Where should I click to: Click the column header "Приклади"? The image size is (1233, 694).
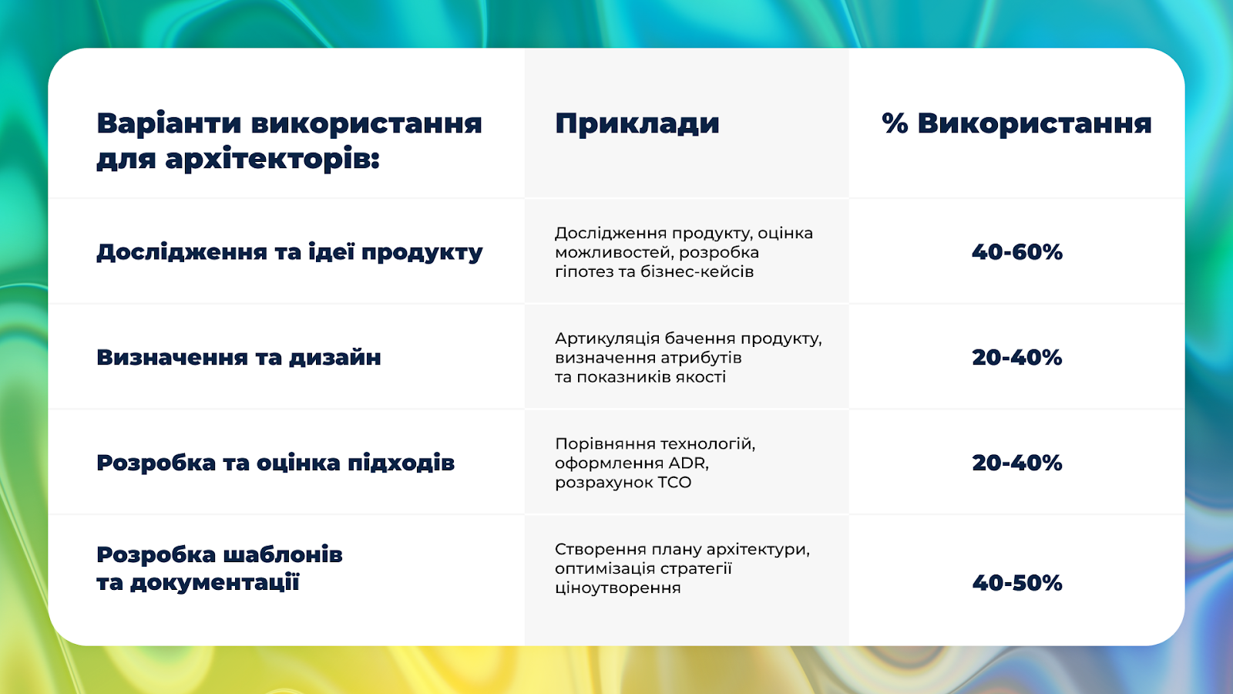pos(637,124)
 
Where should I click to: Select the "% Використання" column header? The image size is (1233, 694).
pos(1016,123)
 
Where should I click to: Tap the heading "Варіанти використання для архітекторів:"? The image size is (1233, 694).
pos(290,142)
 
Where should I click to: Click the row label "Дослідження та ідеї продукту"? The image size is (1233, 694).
pos(290,252)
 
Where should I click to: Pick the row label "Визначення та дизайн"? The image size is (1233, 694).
pos(239,358)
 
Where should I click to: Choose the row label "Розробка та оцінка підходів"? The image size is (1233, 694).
pos(276,463)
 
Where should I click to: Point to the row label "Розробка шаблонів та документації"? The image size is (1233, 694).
pos(220,568)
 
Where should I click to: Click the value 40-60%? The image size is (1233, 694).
pos(1017,251)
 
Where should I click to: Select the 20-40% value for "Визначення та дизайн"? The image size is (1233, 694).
pos(1017,358)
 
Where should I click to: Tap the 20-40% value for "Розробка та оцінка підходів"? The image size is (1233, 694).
pos(1017,463)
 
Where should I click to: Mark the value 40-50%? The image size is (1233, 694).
pos(1017,583)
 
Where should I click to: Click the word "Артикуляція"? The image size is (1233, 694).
pos(607,339)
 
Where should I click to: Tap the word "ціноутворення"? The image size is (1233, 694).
pos(618,588)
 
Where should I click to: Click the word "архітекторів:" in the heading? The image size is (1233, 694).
pos(273,160)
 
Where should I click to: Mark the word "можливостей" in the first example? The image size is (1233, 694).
pos(614,253)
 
